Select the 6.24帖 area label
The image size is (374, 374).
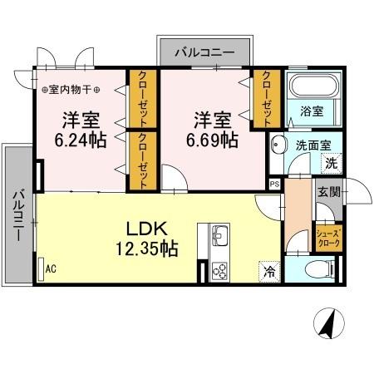(80, 140)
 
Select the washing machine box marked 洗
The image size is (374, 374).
(331, 164)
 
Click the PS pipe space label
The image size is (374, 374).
(273, 185)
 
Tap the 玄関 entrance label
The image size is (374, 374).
(327, 193)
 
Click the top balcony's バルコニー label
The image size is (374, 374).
(204, 53)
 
